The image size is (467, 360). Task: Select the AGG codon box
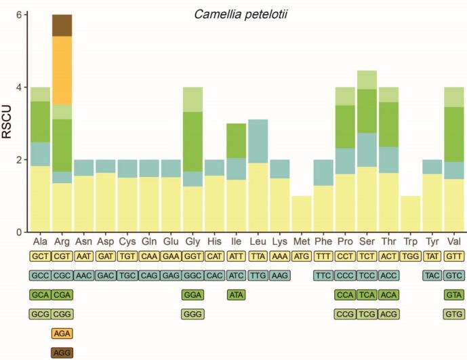tap(62, 353)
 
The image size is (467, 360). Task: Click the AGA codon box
tap(62, 334)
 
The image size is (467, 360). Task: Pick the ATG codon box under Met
tap(302, 256)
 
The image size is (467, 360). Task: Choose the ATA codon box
tap(237, 295)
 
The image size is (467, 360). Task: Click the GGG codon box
tap(192, 314)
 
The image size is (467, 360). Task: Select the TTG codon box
tap(258, 276)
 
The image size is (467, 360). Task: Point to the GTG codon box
tap(455, 314)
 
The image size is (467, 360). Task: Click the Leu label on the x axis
tap(258, 242)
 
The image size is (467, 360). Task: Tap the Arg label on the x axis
tap(62, 242)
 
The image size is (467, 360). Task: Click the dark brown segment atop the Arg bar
tap(62, 25)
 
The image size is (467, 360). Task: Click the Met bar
tap(302, 214)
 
